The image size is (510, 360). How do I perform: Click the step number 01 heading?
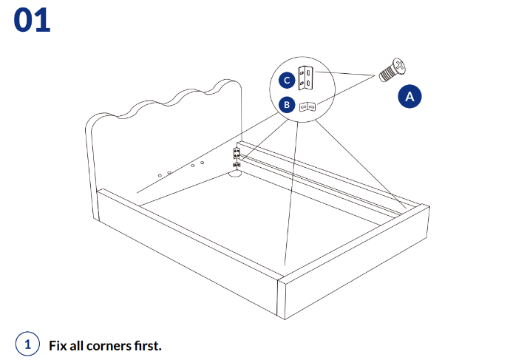(x=32, y=20)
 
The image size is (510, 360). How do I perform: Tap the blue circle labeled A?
(x=410, y=97)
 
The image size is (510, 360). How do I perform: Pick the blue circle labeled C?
(x=287, y=80)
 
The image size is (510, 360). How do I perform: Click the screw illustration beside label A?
(x=392, y=70)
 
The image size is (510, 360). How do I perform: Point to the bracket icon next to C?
(x=307, y=78)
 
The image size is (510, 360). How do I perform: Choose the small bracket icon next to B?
(x=309, y=106)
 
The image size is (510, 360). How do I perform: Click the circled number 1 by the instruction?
(x=27, y=344)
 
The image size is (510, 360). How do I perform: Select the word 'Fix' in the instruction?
(x=58, y=345)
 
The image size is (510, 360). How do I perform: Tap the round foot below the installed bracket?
(x=235, y=174)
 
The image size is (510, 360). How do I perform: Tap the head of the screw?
(x=398, y=66)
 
